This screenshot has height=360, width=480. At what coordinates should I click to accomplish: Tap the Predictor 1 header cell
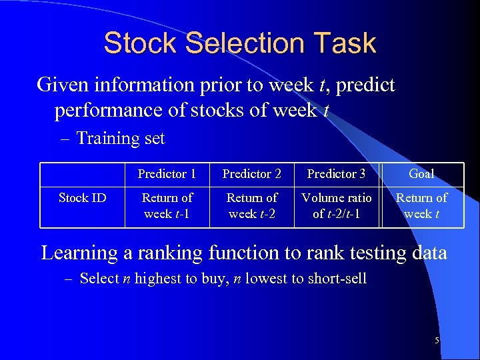click(167, 174)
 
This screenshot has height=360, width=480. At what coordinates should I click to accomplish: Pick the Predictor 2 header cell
click(252, 174)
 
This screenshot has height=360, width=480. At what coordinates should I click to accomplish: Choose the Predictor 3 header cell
click(337, 174)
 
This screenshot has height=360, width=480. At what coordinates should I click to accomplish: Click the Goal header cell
click(421, 174)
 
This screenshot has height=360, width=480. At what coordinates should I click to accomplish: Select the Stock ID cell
click(83, 198)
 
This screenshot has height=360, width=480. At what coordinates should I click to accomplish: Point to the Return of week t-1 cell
click(167, 206)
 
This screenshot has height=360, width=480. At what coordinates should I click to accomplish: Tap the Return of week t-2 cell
click(252, 206)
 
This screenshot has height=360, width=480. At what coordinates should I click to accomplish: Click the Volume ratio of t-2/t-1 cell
click(337, 206)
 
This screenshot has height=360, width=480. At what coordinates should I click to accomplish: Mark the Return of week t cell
click(421, 206)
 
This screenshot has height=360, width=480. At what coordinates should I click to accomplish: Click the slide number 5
click(437, 341)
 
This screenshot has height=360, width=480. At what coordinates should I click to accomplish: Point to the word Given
click(64, 85)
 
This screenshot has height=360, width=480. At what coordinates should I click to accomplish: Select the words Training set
click(121, 139)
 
